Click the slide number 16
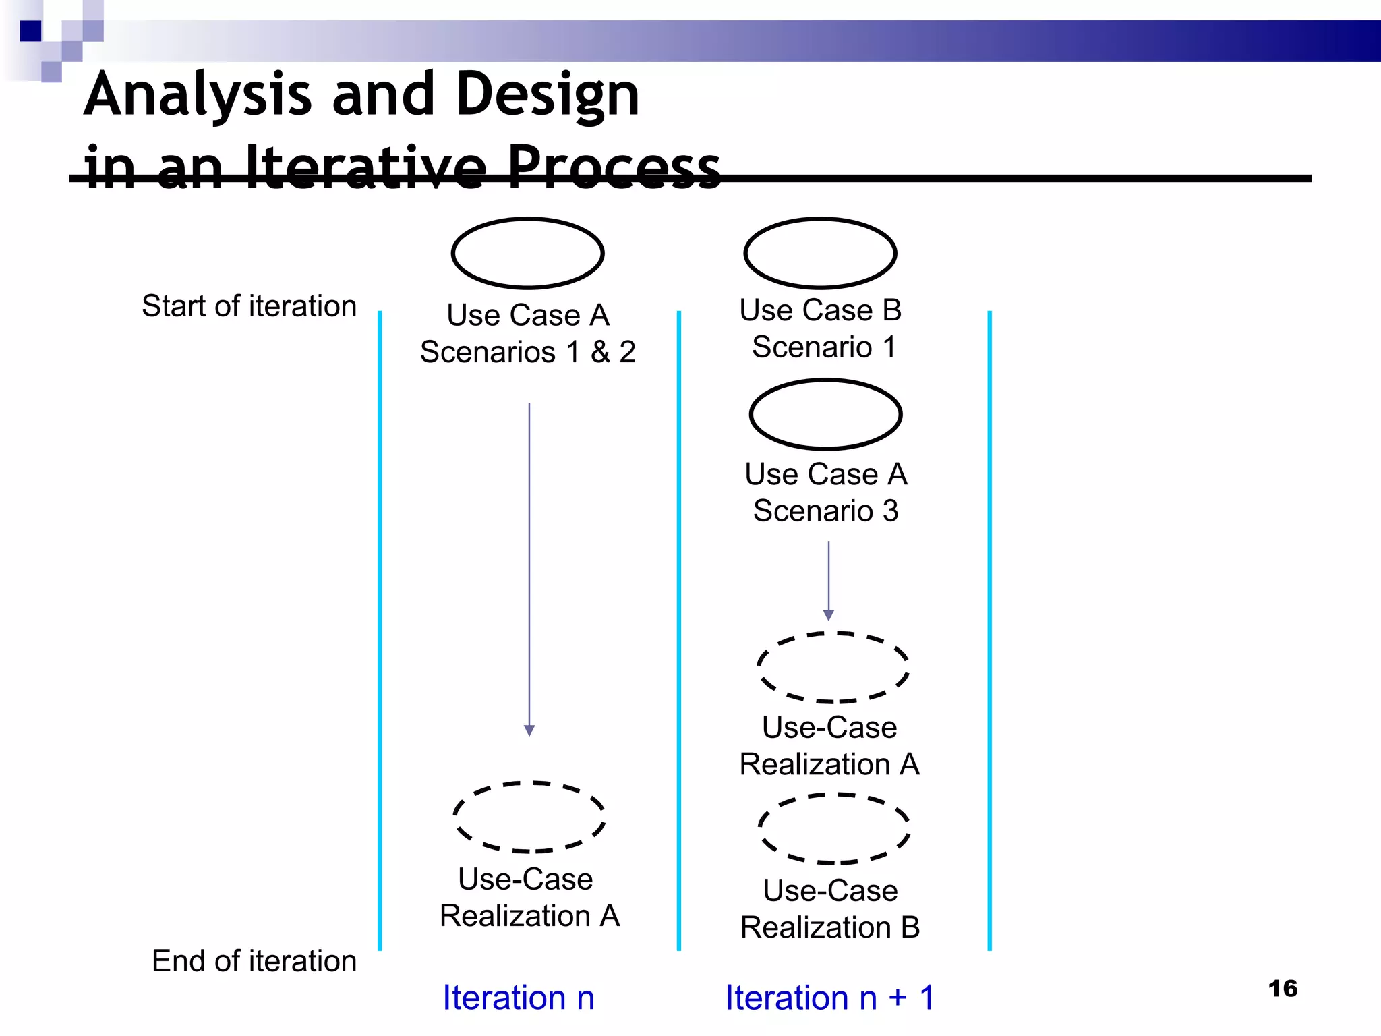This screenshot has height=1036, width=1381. pyautogui.click(x=1283, y=989)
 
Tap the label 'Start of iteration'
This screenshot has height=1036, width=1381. pyautogui.click(x=249, y=306)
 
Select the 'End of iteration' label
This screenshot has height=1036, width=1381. pyautogui.click(x=254, y=960)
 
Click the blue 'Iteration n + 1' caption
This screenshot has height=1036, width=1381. pyautogui.click(x=830, y=998)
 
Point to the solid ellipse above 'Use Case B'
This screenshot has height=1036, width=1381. pyautogui.click(x=820, y=253)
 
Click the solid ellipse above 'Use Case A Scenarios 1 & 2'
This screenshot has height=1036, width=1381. pyautogui.click(x=527, y=253)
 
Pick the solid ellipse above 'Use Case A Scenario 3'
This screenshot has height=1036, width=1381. pyautogui.click(x=825, y=414)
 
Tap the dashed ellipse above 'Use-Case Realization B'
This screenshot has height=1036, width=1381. pyautogui.click(x=834, y=829)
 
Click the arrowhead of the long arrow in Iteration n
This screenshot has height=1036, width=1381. pyautogui.click(x=529, y=730)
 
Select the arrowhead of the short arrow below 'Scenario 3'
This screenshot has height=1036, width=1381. pyautogui.click(x=829, y=615)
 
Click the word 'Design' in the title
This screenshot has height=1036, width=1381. pyautogui.click(x=548, y=94)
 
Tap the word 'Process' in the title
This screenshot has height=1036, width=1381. pyautogui.click(x=613, y=167)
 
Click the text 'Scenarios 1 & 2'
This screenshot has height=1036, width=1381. pyautogui.click(x=527, y=352)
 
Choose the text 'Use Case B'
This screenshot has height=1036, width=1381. pyautogui.click(x=820, y=310)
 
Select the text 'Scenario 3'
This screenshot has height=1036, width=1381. pyautogui.click(x=825, y=511)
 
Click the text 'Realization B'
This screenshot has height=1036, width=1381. pyautogui.click(x=830, y=927)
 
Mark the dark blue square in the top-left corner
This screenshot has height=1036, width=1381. pyautogui.click(x=30, y=31)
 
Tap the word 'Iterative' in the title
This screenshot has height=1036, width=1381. pyautogui.click(x=365, y=167)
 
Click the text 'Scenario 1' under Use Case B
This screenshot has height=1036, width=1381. pyautogui.click(x=824, y=347)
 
